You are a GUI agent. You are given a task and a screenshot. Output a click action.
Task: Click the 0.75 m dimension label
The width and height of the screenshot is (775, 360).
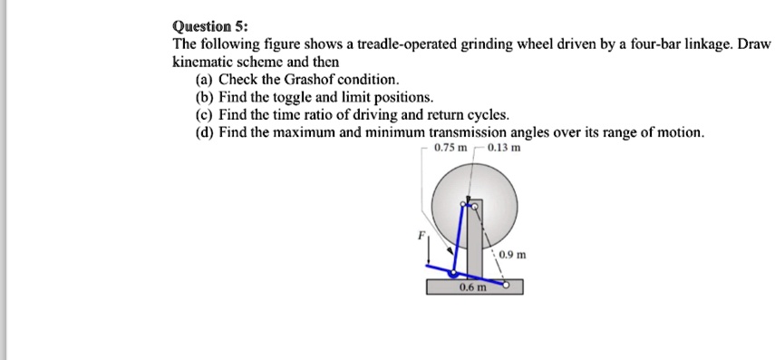coord(450,148)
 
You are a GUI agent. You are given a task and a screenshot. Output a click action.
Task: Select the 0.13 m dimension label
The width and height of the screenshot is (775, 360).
coord(504,148)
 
